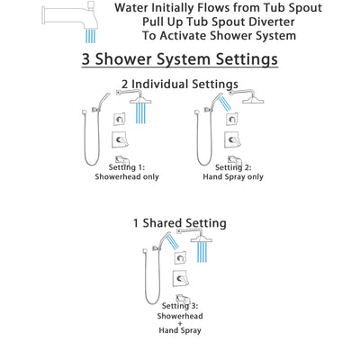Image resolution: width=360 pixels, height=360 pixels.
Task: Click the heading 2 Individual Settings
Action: click(x=179, y=85)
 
